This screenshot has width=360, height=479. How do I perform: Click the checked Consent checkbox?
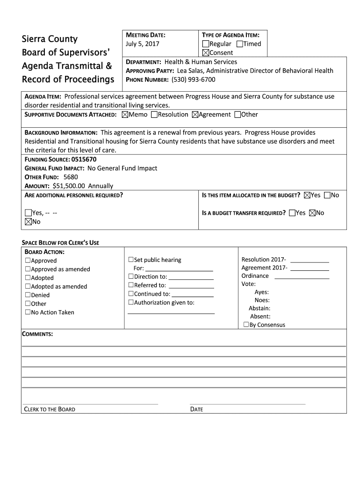206,53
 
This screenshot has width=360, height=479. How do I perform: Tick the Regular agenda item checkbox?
206,44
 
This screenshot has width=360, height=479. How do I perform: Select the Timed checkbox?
240,44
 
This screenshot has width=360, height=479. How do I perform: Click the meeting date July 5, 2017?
143,44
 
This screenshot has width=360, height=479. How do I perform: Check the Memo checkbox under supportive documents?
125,115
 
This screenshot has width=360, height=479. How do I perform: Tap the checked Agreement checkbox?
195,115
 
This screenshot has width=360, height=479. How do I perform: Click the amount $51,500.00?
66,186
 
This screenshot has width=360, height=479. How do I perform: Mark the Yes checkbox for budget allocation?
307,195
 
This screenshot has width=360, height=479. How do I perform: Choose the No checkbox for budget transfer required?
312,213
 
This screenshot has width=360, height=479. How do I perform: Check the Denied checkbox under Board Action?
28,295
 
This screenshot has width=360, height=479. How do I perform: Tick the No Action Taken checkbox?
28,312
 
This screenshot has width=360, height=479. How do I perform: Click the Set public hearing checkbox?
131,260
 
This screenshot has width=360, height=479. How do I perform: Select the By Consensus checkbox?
246,325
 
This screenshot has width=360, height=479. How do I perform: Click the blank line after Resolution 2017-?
310,260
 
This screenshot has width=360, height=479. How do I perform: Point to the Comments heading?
37,334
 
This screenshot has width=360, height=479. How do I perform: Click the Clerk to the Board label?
50,409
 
